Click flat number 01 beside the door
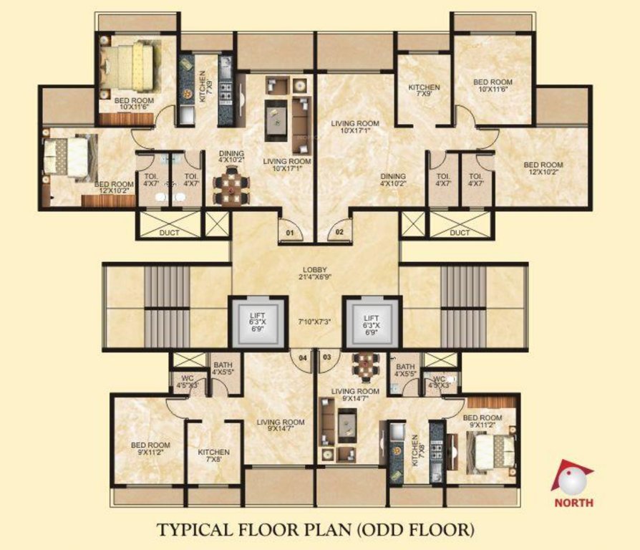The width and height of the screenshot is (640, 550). click(x=291, y=233)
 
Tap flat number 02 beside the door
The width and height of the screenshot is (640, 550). click(x=339, y=232)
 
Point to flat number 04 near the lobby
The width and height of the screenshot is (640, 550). click(x=304, y=356)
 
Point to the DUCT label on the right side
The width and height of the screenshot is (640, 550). click(x=460, y=233)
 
